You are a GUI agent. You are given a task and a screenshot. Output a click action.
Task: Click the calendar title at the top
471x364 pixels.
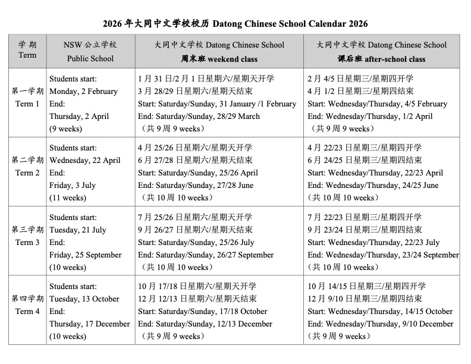235,24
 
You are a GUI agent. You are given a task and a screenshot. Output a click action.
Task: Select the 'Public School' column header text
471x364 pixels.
90,59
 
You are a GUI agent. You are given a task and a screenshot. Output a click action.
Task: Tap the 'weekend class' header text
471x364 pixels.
219,59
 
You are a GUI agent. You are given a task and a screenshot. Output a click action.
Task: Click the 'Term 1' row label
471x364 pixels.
27,103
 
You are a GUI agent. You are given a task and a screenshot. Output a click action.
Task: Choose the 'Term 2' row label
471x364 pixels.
27,172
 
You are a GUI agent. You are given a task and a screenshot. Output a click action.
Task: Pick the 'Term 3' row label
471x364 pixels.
27,242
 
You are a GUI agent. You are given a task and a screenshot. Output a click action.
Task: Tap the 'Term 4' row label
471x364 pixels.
27,311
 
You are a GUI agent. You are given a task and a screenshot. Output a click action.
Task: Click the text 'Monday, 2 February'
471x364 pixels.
83,92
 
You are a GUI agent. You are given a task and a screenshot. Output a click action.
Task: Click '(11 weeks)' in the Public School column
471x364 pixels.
67,198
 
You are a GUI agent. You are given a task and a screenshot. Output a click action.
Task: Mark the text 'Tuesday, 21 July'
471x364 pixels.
78,230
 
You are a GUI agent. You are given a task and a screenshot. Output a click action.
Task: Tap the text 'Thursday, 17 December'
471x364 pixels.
90,324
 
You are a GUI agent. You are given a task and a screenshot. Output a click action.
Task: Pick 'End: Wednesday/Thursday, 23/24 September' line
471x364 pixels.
383,255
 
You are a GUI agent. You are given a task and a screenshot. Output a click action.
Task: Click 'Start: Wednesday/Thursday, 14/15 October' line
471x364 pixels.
380,312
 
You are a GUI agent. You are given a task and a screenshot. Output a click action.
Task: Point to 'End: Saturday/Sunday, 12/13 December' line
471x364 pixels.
205,324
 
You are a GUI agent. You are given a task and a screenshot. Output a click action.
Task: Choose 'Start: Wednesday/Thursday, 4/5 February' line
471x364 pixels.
377,104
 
